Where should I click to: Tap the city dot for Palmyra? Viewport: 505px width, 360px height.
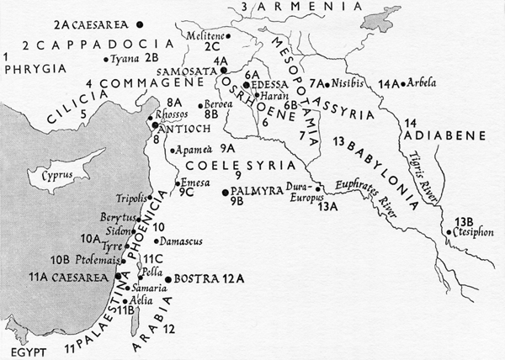point(225,193)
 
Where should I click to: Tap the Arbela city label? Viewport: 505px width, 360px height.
point(422,83)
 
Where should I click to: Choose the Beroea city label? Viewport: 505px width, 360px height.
point(216,104)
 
